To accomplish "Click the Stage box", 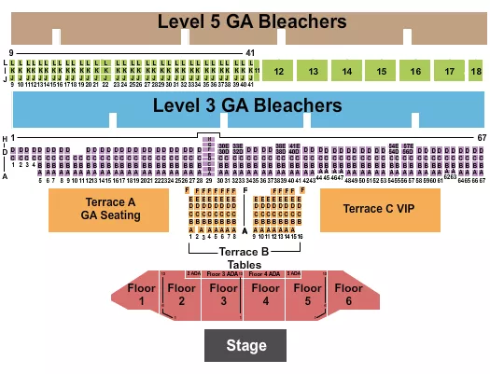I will (x=246, y=345).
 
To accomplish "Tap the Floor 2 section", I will (x=181, y=294).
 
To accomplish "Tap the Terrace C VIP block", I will (x=380, y=209).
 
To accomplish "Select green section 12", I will (x=278, y=71).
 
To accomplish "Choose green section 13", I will (x=314, y=71).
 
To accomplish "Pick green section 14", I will (x=347, y=71).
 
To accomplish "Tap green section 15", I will (x=381, y=71).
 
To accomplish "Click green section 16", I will (x=413, y=71).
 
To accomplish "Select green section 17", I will (x=450, y=71).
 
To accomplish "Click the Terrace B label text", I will (x=244, y=252).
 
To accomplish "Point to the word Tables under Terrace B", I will (x=244, y=264).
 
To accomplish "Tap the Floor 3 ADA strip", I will (x=222, y=273).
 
